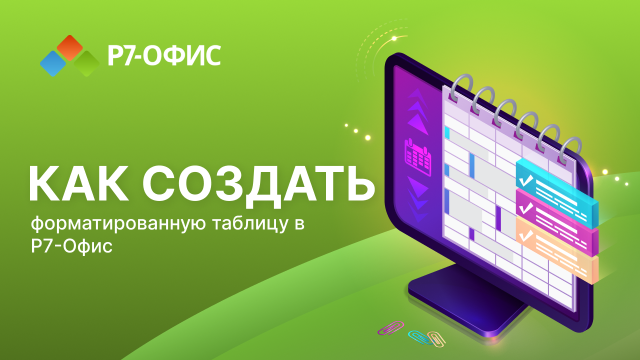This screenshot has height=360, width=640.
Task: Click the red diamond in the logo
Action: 69,47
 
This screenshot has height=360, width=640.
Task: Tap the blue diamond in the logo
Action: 53,63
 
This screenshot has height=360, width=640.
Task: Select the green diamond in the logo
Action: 86,63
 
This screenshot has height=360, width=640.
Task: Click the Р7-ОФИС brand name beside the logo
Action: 164,55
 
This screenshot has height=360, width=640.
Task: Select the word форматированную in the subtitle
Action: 118,223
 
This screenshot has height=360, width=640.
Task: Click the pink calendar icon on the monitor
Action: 418,157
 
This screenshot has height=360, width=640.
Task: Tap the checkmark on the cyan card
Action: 526,180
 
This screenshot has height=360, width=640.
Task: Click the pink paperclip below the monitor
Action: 391,327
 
